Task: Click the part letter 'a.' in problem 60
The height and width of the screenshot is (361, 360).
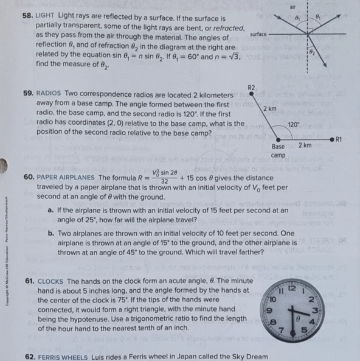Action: pyautogui.click(x=51, y=210)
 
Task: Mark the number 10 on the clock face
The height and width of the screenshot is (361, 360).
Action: pyautogui.click(x=274, y=299)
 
